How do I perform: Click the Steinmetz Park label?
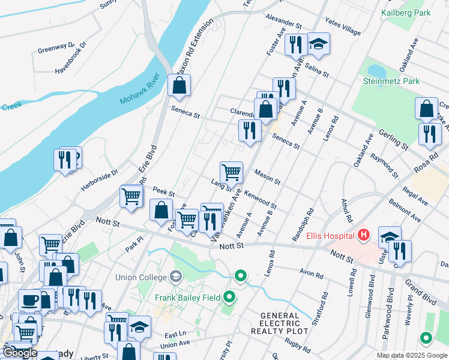(391, 80)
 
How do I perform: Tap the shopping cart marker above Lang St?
(231, 173)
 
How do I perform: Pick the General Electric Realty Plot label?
(284, 323)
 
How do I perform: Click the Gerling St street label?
(393, 139)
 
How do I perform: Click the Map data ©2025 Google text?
(412, 355)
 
